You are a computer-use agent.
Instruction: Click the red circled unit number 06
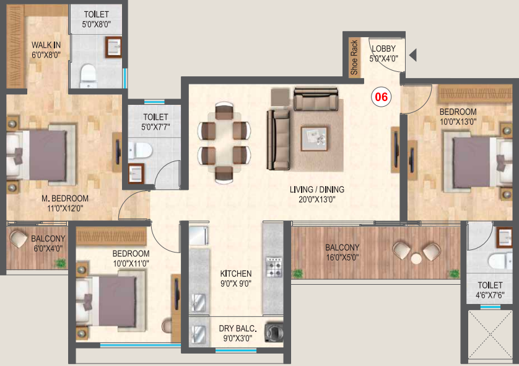[381, 97]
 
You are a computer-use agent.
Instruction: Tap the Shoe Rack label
[355, 58]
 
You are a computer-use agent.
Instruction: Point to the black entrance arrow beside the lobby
[412, 56]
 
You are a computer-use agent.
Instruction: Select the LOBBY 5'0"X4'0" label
[384, 54]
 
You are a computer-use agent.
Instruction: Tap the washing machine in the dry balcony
[273, 332]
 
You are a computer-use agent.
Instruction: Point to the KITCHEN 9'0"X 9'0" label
[236, 278]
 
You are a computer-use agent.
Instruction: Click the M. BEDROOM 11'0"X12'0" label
[65, 203]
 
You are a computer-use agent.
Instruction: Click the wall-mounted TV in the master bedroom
[117, 150]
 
